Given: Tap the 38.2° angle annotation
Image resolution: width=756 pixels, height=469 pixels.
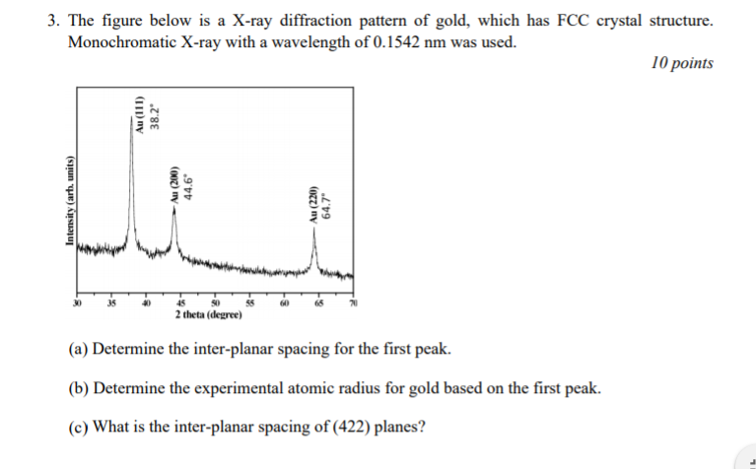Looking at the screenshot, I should pyautogui.click(x=154, y=116).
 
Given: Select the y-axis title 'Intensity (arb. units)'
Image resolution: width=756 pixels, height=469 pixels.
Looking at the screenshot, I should pyautogui.click(x=70, y=202).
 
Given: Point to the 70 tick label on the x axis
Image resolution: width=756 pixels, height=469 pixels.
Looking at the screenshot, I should pyautogui.click(x=351, y=303).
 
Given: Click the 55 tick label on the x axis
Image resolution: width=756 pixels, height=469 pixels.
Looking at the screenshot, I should pyautogui.click(x=250, y=303).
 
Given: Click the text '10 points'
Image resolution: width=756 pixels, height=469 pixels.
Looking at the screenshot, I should pyautogui.click(x=682, y=63).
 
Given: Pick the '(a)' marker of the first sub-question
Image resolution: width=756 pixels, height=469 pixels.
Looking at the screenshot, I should pyautogui.click(x=78, y=351).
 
